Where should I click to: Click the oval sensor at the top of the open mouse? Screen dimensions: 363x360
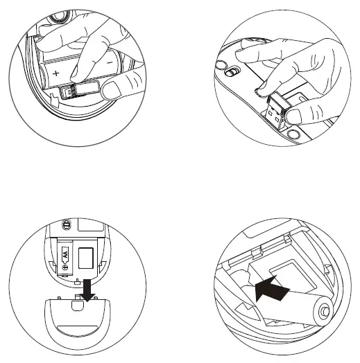point(68,224)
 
